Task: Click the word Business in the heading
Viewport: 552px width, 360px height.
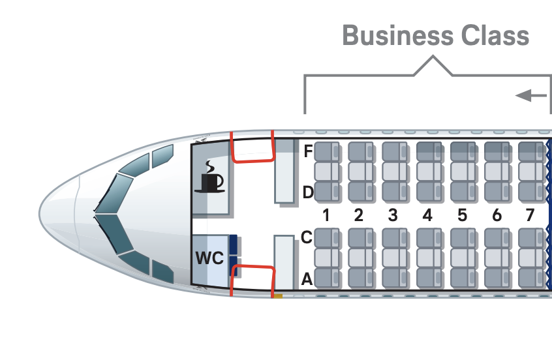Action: pyautogui.click(x=388, y=35)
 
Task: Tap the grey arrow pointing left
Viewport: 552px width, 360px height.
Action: pyautogui.click(x=531, y=96)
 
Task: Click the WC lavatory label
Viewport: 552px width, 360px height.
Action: pyautogui.click(x=209, y=258)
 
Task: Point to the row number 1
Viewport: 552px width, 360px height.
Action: pyautogui.click(x=326, y=215)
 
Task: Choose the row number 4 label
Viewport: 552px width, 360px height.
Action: pyautogui.click(x=427, y=215)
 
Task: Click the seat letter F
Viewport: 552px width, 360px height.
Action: pyautogui.click(x=308, y=151)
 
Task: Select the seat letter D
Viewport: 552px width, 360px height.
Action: pyautogui.click(x=308, y=192)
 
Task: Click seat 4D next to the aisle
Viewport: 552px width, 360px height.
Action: pyautogui.click(x=429, y=192)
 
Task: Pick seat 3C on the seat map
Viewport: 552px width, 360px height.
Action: pyautogui.click(x=394, y=238)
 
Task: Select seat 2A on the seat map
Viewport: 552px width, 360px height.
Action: pyautogui.click(x=360, y=277)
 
